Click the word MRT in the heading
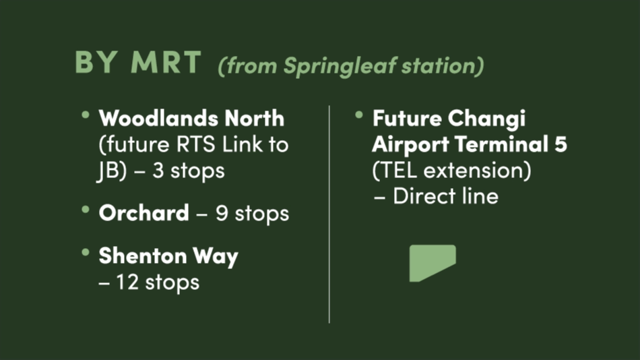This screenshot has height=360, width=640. pyautogui.click(x=166, y=62)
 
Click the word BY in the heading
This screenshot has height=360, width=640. pyautogui.click(x=96, y=62)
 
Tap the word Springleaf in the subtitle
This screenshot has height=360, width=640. pyautogui.click(x=340, y=66)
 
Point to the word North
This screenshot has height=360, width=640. pyautogui.click(x=254, y=119)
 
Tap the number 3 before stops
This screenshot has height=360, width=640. pyautogui.click(x=158, y=171)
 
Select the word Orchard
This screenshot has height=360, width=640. pyautogui.click(x=143, y=213)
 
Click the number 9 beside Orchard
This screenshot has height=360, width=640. pyautogui.click(x=221, y=213)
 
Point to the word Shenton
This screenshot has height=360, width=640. pyautogui.click(x=142, y=256)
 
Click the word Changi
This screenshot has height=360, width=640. pyautogui.click(x=486, y=119)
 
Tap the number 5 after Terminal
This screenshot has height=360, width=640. pyautogui.click(x=561, y=144)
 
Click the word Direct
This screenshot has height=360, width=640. pyautogui.click(x=424, y=196)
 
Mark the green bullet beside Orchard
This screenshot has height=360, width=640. pyautogui.click(x=86, y=210)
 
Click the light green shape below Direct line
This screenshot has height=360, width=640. pyautogui.click(x=433, y=262)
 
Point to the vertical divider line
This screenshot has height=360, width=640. pyautogui.click(x=329, y=214)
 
